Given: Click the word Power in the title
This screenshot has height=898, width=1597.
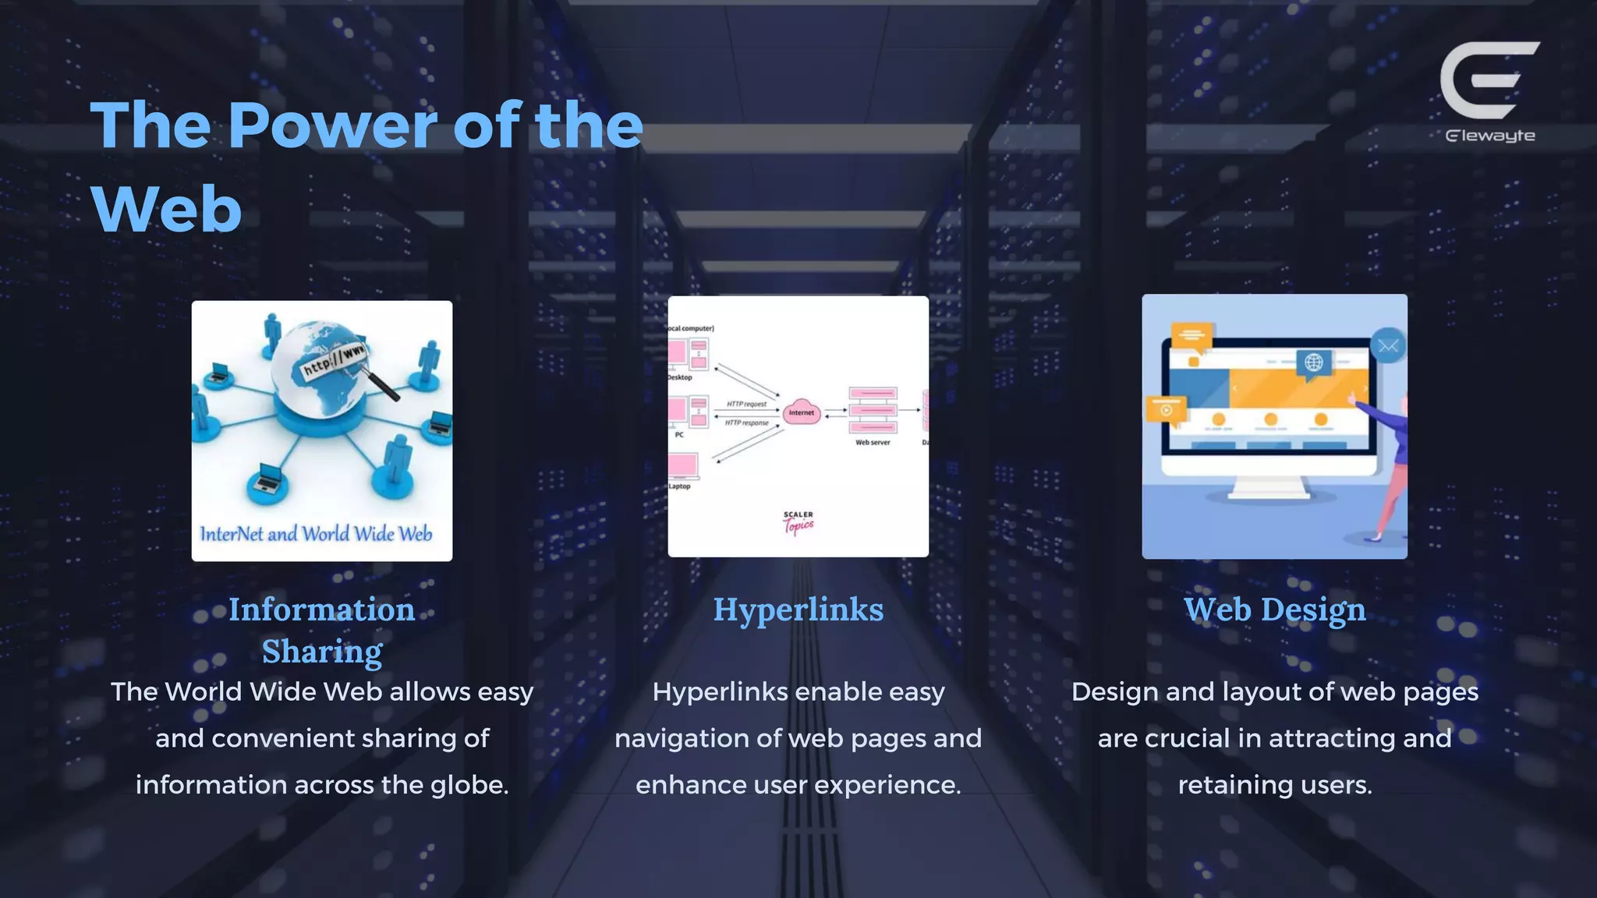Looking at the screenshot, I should [329, 126].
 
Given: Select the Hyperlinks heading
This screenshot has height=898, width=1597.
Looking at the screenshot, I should [798, 610].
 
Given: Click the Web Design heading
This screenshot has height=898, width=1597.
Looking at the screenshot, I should [1274, 610].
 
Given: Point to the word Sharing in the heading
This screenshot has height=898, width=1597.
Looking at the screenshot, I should [322, 652].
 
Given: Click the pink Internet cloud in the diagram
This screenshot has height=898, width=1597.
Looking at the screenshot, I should [801, 412].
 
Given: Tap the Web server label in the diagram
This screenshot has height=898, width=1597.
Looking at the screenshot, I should [872, 442].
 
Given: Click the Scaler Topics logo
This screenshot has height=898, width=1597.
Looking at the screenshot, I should [798, 523].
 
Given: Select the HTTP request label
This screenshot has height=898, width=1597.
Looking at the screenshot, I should [746, 404].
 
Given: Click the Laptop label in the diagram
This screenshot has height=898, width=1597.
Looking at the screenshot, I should [679, 486].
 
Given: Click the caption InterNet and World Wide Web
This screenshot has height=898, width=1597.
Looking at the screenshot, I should [316, 534].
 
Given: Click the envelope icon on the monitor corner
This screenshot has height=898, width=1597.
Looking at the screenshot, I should [1387, 346].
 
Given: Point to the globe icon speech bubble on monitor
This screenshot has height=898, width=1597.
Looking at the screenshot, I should [1314, 363].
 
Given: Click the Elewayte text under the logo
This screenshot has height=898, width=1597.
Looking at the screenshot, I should [1489, 136].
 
